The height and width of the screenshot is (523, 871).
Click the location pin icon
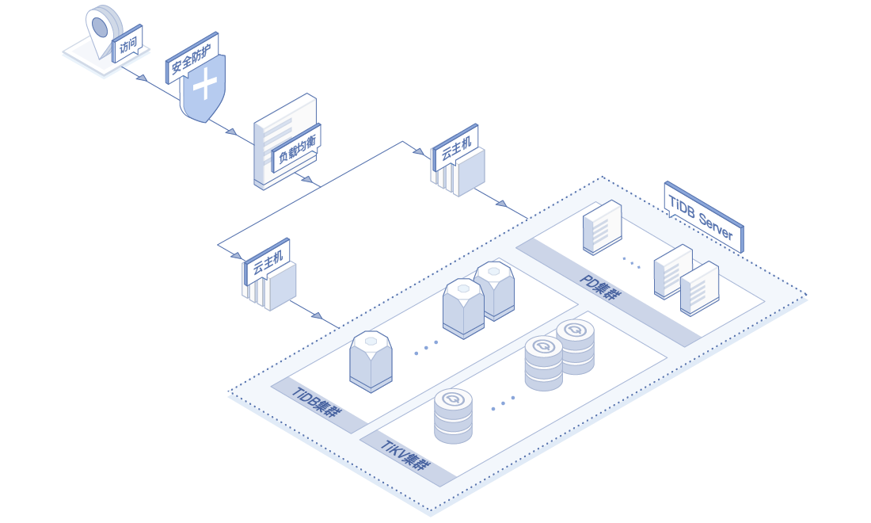coord(101,29)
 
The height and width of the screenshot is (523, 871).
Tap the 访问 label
coord(129,48)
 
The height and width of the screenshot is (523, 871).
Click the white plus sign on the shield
coord(205,83)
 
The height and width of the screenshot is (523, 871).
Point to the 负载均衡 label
coord(296,147)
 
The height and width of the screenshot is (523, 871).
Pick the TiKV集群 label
coord(406,457)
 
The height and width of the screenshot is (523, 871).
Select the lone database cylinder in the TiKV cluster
coord(453,416)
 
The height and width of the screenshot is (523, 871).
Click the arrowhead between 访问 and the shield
coord(142,78)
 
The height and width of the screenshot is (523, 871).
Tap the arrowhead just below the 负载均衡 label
coord(306,179)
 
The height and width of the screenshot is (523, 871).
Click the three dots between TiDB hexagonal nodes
coord(426,347)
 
